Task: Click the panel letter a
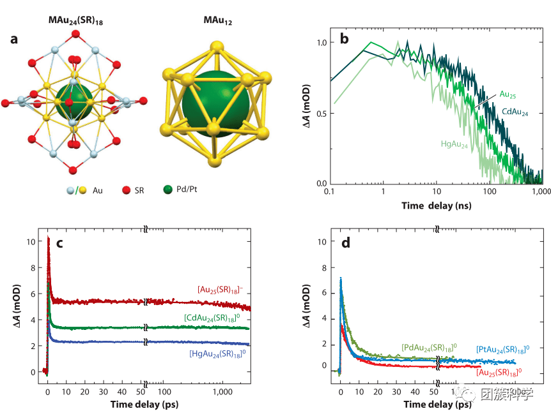pyautogui.click(x=14, y=40)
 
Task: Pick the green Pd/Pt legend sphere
pyautogui.click(x=168, y=190)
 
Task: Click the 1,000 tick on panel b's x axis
pyautogui.click(x=540, y=191)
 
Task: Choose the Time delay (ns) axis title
pyautogui.click(x=437, y=205)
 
